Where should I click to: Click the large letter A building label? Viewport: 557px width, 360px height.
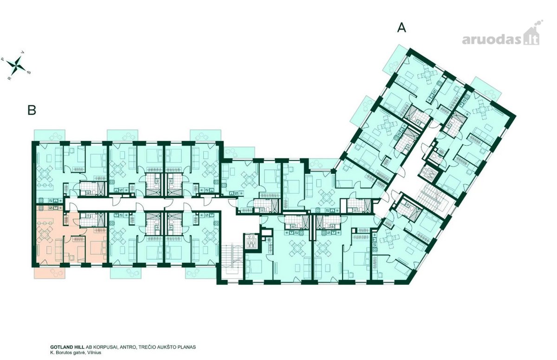click(402, 27)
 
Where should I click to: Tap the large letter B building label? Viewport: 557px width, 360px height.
click(32, 110)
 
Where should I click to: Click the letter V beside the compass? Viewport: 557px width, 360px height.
click(23, 52)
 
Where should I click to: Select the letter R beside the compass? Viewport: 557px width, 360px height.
click(10, 78)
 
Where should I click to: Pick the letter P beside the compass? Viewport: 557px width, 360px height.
click(3, 59)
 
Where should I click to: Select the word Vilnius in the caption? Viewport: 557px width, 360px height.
click(95, 352)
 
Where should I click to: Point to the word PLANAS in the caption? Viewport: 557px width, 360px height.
click(187, 347)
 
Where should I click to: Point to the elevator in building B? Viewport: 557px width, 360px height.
click(252, 240)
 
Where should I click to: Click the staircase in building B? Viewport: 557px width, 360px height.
click(231, 258)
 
